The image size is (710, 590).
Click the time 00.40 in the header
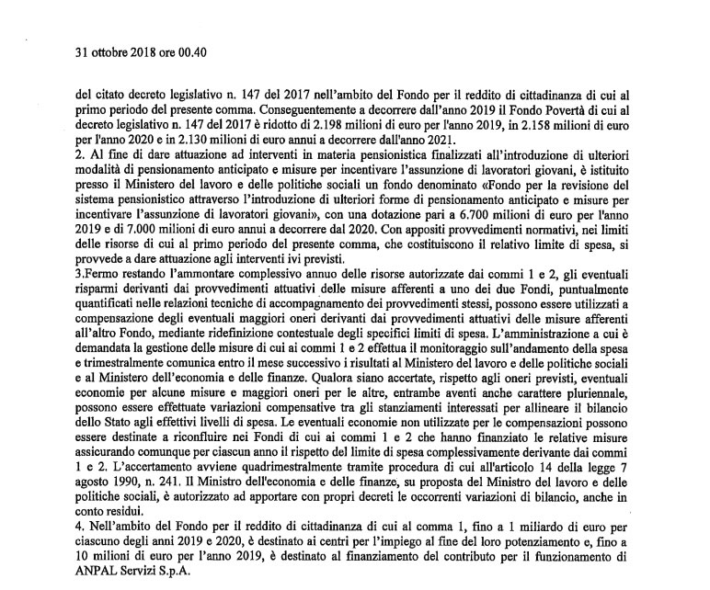point(191,51)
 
